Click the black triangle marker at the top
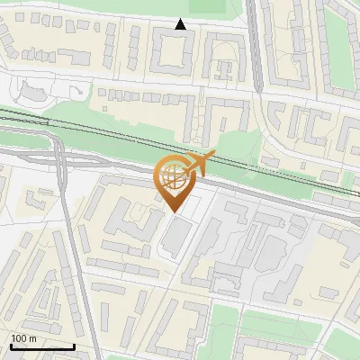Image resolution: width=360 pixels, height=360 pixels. tap(181, 24)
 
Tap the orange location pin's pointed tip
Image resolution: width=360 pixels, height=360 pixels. tap(172, 211)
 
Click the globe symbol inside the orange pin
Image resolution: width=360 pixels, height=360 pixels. tap(172, 176)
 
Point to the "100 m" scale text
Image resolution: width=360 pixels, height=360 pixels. tap(23, 337)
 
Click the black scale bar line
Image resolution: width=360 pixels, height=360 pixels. tap(41, 346)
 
